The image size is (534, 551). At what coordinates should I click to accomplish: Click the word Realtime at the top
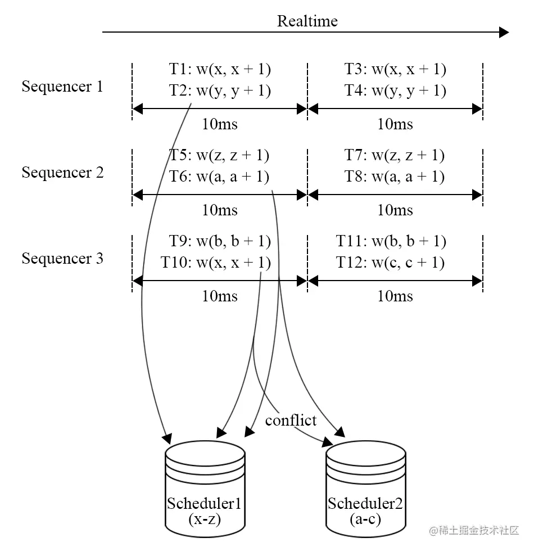[307, 21]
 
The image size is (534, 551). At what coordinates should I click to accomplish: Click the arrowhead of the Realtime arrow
[504, 33]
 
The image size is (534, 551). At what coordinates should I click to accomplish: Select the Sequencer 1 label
[62, 87]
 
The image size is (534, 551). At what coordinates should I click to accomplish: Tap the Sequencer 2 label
[62, 173]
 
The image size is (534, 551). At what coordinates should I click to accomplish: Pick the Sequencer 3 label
[62, 259]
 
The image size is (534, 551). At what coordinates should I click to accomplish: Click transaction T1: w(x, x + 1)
[220, 70]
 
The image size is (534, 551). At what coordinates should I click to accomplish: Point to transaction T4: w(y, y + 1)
[395, 91]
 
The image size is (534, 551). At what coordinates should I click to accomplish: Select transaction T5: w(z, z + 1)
[220, 156]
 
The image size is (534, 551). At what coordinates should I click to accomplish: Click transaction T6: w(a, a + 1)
[220, 177]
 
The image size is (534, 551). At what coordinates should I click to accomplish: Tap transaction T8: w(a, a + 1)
[395, 177]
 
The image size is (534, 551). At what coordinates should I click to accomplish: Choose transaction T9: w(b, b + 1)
[220, 242]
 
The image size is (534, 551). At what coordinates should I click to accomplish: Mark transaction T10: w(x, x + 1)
[216, 263]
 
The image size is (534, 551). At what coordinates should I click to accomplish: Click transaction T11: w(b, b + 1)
[391, 242]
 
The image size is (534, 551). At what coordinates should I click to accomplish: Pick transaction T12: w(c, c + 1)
[391, 263]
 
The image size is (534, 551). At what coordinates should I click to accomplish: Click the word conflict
[291, 420]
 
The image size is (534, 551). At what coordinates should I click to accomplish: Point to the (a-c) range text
[365, 518]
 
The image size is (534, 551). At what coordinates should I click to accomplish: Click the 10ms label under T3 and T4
[395, 124]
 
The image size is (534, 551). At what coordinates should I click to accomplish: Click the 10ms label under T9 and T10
[220, 296]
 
